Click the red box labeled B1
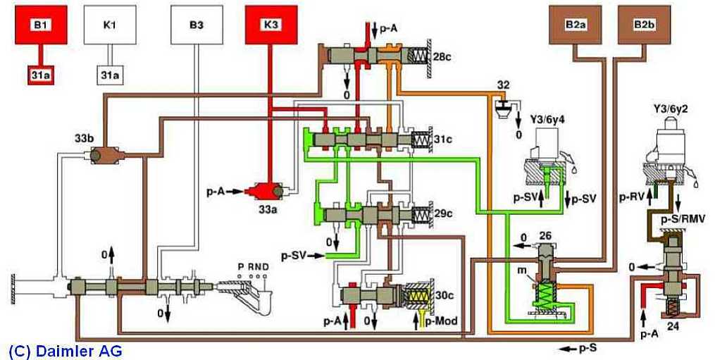click(41, 25)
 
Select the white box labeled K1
click(109, 25)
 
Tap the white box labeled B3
click(197, 25)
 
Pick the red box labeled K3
click(271, 25)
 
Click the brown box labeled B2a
click(576, 25)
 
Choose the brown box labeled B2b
click(644, 25)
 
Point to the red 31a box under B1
click(41, 75)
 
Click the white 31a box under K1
click(109, 75)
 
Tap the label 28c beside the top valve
click(442, 57)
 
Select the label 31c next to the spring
click(443, 139)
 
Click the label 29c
click(443, 213)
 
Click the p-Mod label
click(441, 321)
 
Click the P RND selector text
click(253, 267)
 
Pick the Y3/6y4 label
click(547, 119)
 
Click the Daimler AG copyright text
click(66, 351)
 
